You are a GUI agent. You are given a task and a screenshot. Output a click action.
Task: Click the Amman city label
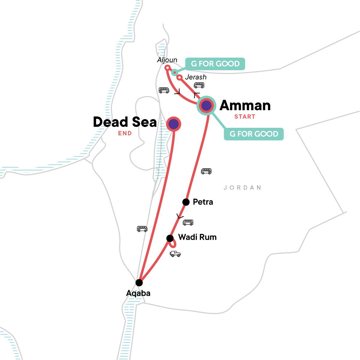tap(245, 106)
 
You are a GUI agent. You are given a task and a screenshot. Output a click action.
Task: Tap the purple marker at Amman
tap(206, 106)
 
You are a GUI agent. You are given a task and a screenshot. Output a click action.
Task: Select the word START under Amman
tap(245, 117)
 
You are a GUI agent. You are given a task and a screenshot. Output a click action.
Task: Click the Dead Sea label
tap(125, 122)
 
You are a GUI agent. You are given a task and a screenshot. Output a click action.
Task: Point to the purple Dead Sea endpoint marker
tap(173, 124)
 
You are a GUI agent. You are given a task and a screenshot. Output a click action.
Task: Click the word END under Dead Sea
tap(125, 133)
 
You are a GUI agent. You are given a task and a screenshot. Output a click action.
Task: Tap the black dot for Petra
tap(186, 202)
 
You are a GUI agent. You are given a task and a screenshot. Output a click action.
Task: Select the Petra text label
tap(203, 202)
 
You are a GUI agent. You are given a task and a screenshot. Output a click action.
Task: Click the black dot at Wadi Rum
tap(170, 238)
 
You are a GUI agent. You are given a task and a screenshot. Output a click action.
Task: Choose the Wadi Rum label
tap(197, 237)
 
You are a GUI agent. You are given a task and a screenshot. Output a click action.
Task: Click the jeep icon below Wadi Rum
tap(175, 254)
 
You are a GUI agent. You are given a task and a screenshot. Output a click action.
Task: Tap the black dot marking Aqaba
tap(139, 283)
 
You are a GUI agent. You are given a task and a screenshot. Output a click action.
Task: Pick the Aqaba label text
tap(138, 293)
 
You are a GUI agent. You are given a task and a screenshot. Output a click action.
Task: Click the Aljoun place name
tap(167, 60)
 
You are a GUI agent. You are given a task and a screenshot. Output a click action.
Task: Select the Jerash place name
tap(196, 77)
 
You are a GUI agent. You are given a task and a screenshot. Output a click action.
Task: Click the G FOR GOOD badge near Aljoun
tap(215, 64)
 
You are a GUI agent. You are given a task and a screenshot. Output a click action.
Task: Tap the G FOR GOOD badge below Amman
tap(254, 134)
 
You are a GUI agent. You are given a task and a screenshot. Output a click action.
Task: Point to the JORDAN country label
tap(242, 188)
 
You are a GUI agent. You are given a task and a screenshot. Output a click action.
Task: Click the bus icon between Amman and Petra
tap(206, 171)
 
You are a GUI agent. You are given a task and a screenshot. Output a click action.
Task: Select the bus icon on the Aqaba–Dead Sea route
tap(142, 229)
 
